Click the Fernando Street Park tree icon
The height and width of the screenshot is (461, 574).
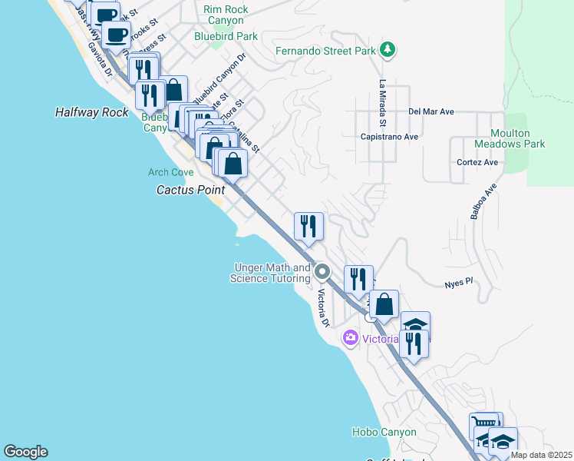point(389,51)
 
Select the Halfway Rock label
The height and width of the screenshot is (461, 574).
point(92,112)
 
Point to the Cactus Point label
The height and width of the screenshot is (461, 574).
point(190,189)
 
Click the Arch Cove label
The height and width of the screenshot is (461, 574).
point(171,173)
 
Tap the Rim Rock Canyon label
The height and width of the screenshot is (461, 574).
point(223,15)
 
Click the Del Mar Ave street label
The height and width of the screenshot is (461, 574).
point(431,111)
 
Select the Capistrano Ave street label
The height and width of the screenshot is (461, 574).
point(388,137)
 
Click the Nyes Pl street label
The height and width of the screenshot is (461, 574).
point(460,284)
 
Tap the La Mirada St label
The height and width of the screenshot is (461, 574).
point(381,103)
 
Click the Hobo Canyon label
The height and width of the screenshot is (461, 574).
point(384,433)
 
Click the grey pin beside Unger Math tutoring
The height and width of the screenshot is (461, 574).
point(322,271)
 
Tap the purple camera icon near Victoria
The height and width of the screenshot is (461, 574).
point(351,337)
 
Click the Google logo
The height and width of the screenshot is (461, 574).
point(25,452)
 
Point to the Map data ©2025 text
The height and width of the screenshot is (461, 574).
point(541,455)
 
